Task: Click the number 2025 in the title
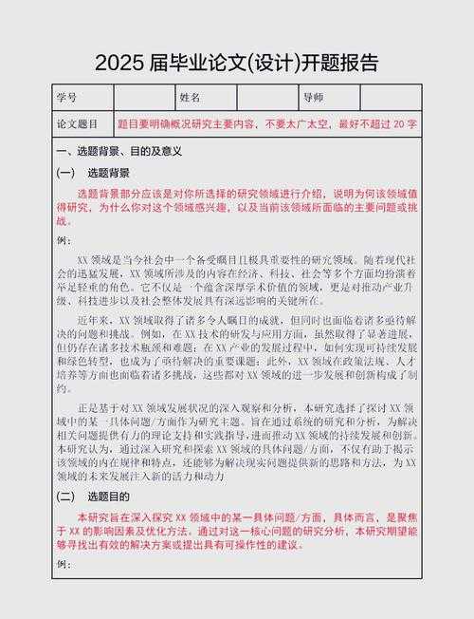[119, 64]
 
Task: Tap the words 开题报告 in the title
[339, 64]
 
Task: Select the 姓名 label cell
[190, 98]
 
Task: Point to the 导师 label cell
[313, 98]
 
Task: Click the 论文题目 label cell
[79, 124]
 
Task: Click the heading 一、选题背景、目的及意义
[118, 151]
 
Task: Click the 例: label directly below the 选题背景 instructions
[64, 240]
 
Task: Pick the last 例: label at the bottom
[64, 565]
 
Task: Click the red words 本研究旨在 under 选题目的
[102, 517]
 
